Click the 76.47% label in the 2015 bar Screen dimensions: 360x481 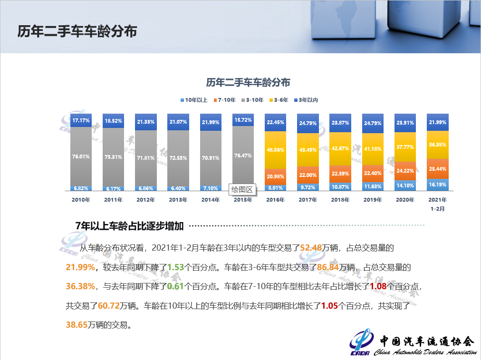coord(243,156)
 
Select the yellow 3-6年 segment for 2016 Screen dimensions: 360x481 coord(276,150)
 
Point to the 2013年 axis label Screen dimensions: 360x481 coord(178,200)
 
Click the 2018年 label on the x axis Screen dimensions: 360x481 coord(340,200)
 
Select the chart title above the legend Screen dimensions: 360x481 coord(248,82)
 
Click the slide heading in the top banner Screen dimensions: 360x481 coord(77,31)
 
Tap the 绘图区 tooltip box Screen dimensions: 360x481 coord(242,190)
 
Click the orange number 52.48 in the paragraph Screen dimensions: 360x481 coord(309,248)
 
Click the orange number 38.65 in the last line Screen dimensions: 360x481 coord(76,325)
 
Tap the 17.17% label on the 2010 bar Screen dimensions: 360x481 coord(81,120)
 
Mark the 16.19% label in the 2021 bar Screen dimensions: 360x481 coord(438,184)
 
